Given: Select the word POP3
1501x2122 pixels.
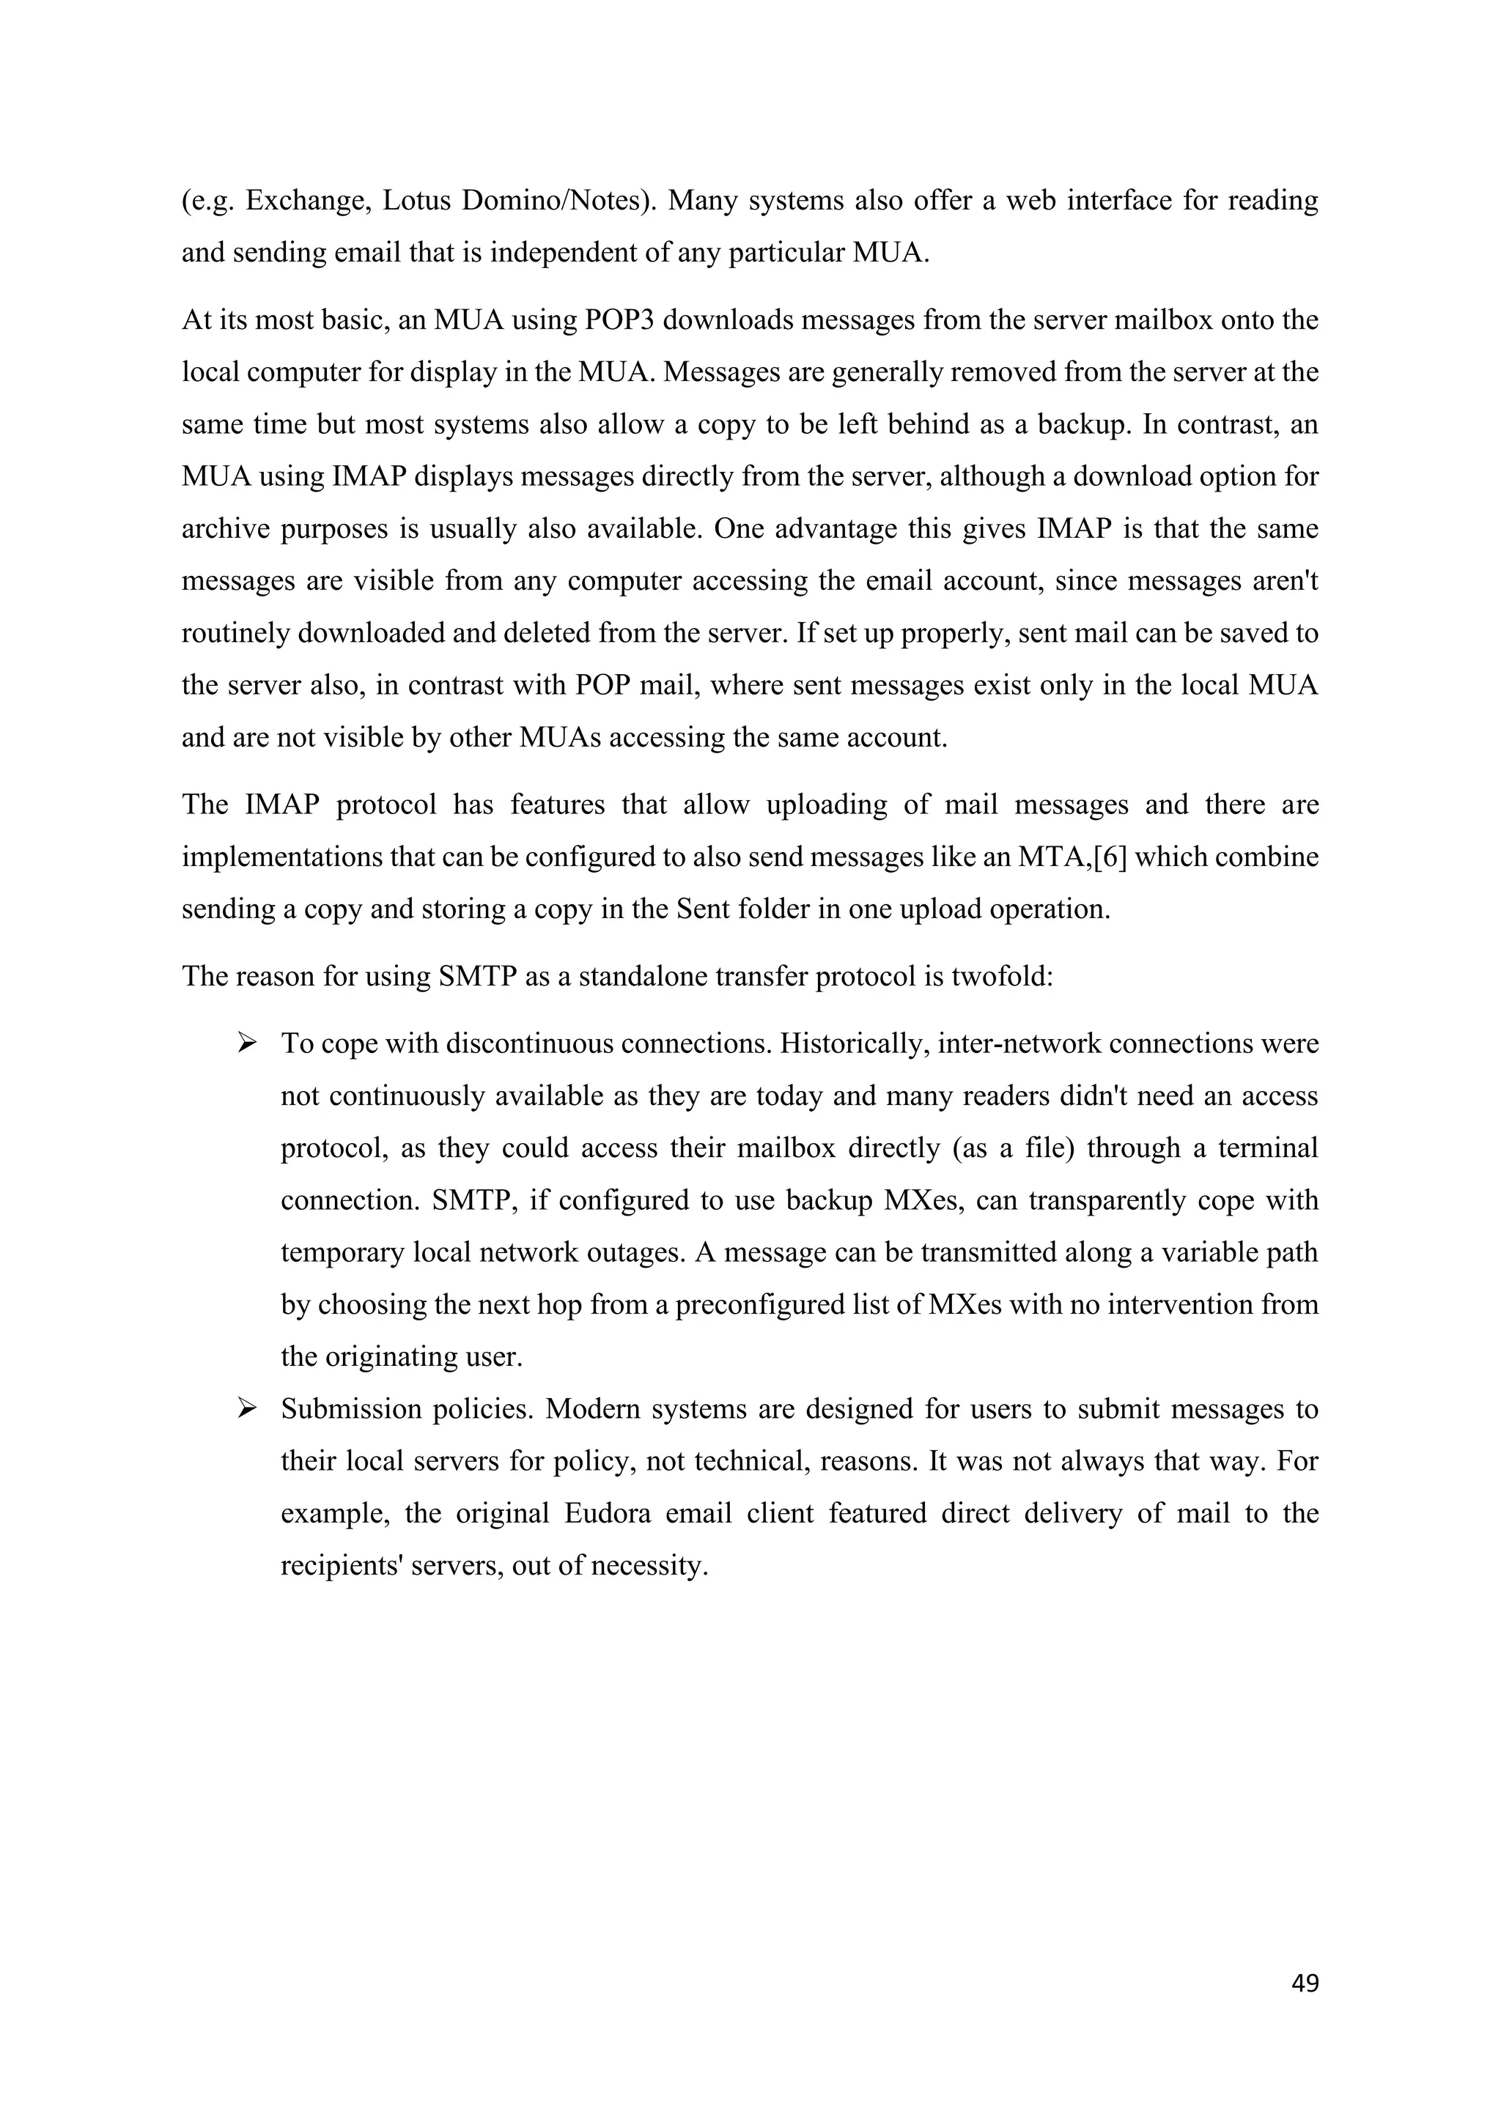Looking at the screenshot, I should click(619, 321).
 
